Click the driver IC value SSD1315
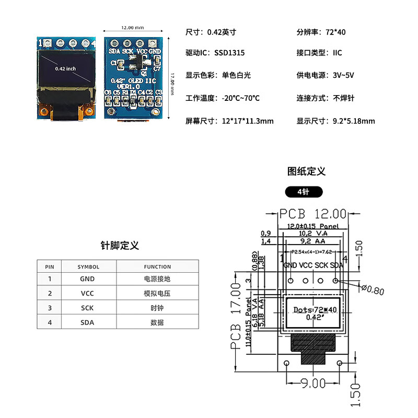click(x=229, y=53)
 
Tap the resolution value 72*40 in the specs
click(x=335, y=32)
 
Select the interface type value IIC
click(x=338, y=53)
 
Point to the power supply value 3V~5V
click(x=343, y=75)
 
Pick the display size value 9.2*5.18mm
click(x=354, y=121)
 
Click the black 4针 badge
click(x=304, y=192)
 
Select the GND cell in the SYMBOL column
click(x=87, y=279)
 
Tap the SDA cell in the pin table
click(x=87, y=322)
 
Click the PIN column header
click(x=50, y=266)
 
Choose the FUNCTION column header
click(x=157, y=266)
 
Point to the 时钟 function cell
click(x=157, y=308)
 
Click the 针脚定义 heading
click(x=120, y=246)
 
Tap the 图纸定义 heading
click(x=307, y=171)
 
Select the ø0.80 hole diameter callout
click(x=373, y=291)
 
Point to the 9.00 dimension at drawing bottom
click(x=312, y=384)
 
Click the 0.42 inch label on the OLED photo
click(x=65, y=68)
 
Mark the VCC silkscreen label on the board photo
click(x=142, y=51)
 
